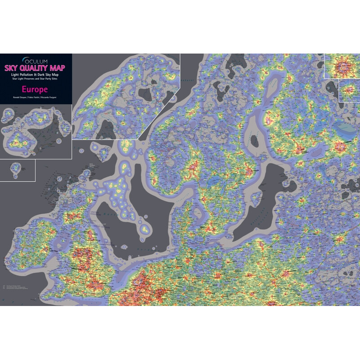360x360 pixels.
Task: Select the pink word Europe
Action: (35, 89)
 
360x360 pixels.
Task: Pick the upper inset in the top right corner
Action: (342, 66)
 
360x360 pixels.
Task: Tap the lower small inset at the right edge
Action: (349, 91)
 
